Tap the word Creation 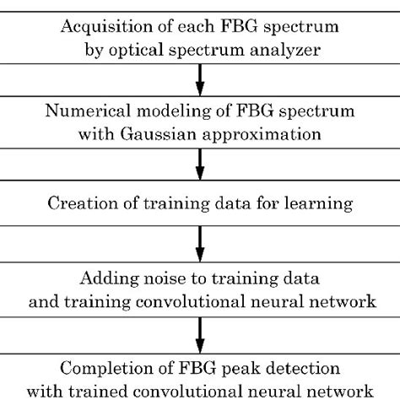click(81, 204)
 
